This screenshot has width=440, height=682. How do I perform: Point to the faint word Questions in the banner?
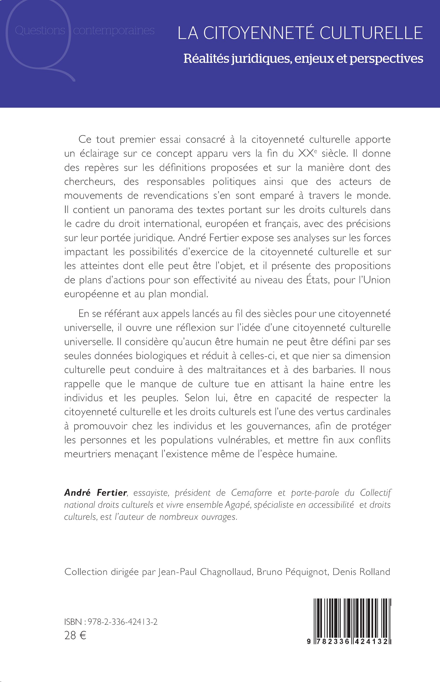(x=40, y=30)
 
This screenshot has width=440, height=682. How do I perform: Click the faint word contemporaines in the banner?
(x=114, y=30)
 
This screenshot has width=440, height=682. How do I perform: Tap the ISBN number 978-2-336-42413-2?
(x=123, y=622)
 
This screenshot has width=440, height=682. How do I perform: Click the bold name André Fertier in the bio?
(x=95, y=493)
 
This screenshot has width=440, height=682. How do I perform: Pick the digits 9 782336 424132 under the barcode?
(x=349, y=641)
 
